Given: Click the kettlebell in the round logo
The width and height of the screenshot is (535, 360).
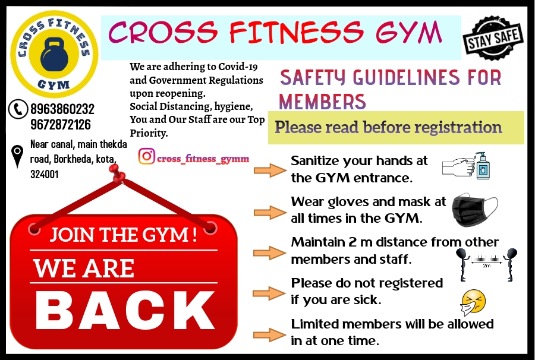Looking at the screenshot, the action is coord(54,55).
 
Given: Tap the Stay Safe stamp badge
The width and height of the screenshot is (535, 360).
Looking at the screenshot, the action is coord(493,38).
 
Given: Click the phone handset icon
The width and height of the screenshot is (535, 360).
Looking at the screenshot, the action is coord(18,109).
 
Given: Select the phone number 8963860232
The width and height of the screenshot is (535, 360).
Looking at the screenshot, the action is coord(62,109).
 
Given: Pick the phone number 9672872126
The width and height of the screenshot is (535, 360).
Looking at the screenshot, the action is coord(61,124).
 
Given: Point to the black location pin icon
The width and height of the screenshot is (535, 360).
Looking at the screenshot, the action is coord(17,156).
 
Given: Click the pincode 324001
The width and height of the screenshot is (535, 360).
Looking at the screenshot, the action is coord(45,174).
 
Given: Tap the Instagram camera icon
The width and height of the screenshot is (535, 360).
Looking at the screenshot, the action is coord(147,156).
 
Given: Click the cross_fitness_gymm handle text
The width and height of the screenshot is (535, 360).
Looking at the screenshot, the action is coord(203,159).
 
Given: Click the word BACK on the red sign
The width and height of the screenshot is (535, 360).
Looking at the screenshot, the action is coord(125,311).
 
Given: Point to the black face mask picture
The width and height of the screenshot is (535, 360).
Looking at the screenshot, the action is coord(474,210).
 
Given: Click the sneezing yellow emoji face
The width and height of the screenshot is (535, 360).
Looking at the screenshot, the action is coord(473,302).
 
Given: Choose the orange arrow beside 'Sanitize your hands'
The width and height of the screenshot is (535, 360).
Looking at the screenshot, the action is coord(270,170).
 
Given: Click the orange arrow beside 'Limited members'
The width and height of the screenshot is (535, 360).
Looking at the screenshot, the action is coord(269,334).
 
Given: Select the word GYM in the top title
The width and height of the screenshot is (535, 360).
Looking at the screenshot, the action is coord(409,33).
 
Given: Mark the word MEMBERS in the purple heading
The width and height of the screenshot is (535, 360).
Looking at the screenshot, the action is coord(322,101).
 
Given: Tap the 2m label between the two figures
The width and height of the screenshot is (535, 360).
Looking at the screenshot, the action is coord(486,266).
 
